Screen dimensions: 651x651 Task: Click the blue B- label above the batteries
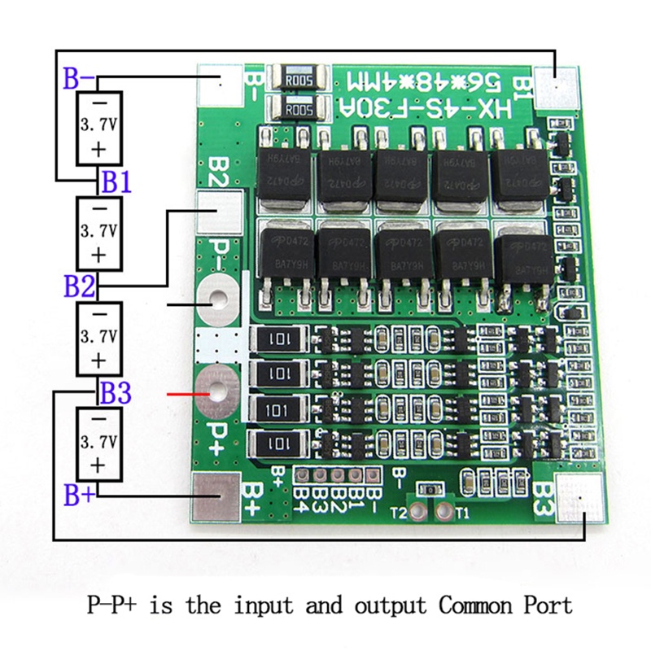(x=79, y=79)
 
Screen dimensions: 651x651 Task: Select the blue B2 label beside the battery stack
(x=79, y=286)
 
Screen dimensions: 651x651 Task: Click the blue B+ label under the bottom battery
(x=79, y=495)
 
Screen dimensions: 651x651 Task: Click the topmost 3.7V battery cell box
(x=98, y=126)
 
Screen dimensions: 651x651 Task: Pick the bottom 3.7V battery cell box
(x=98, y=443)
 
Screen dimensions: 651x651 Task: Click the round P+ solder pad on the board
(x=218, y=387)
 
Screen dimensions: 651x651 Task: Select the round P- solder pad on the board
(x=218, y=300)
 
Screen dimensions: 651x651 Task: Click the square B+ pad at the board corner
(x=218, y=496)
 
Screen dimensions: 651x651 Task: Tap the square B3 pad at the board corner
(x=581, y=496)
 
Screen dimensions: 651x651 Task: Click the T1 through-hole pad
(x=444, y=512)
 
